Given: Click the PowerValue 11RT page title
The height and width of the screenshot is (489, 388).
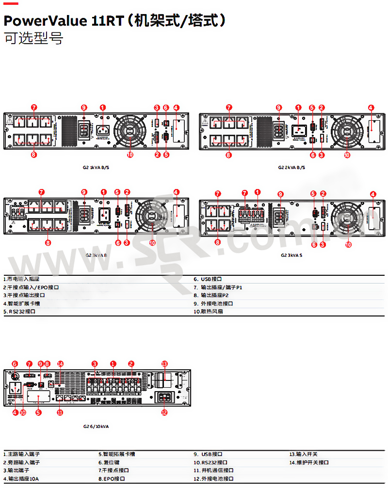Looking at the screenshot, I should coord(114,21).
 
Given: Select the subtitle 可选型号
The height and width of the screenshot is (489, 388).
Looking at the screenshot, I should coord(33,39).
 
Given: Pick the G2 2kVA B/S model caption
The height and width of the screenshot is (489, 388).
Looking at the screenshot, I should coord(291,167).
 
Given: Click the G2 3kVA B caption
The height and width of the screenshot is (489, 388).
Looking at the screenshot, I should coord(97,254).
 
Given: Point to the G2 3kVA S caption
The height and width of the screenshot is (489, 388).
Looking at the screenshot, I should coord(291,254).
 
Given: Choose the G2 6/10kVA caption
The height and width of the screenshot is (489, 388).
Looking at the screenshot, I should coord(96,426).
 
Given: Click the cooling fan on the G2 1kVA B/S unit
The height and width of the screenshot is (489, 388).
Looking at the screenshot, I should coord(129,130).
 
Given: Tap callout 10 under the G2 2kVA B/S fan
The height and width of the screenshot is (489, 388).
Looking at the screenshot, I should coord(347,155).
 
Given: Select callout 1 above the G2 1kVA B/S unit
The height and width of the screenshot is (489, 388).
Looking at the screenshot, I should coord(102,108).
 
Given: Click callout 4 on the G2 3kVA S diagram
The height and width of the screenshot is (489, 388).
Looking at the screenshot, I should coord(373,194).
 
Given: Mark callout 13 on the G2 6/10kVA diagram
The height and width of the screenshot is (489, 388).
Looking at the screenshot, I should coord(164,363).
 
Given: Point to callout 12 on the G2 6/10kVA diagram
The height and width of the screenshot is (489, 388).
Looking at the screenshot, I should coord(164,412).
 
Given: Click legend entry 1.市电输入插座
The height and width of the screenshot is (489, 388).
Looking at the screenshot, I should coord(21,279).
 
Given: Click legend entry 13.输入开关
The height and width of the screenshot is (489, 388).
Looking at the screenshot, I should coord(304,454).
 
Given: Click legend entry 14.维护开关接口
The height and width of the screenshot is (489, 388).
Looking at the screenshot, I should coord(309,462).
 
